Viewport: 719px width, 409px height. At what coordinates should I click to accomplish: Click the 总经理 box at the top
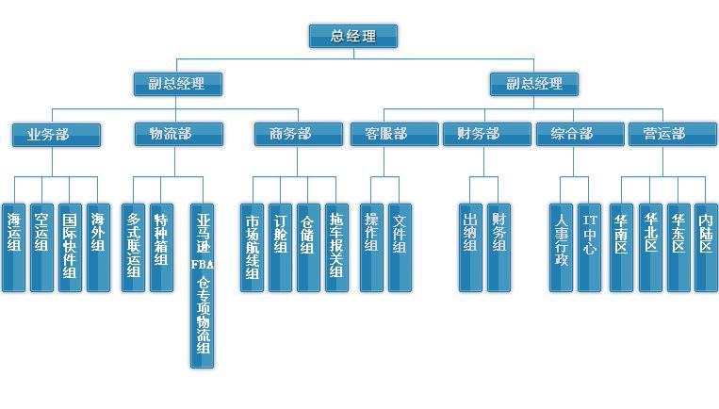353,37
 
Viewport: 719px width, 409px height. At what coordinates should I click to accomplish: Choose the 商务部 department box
298,135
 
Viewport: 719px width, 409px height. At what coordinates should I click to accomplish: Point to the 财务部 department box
486,135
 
